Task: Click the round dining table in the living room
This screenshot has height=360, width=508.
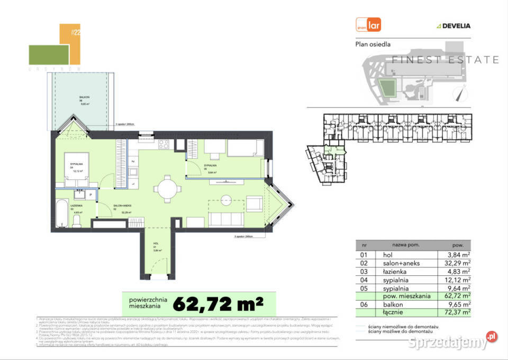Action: point(166,188)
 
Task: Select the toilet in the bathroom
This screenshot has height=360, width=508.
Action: point(77,219)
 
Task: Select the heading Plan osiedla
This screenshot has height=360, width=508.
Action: point(377,44)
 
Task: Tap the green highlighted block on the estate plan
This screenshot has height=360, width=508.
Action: point(388,86)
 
